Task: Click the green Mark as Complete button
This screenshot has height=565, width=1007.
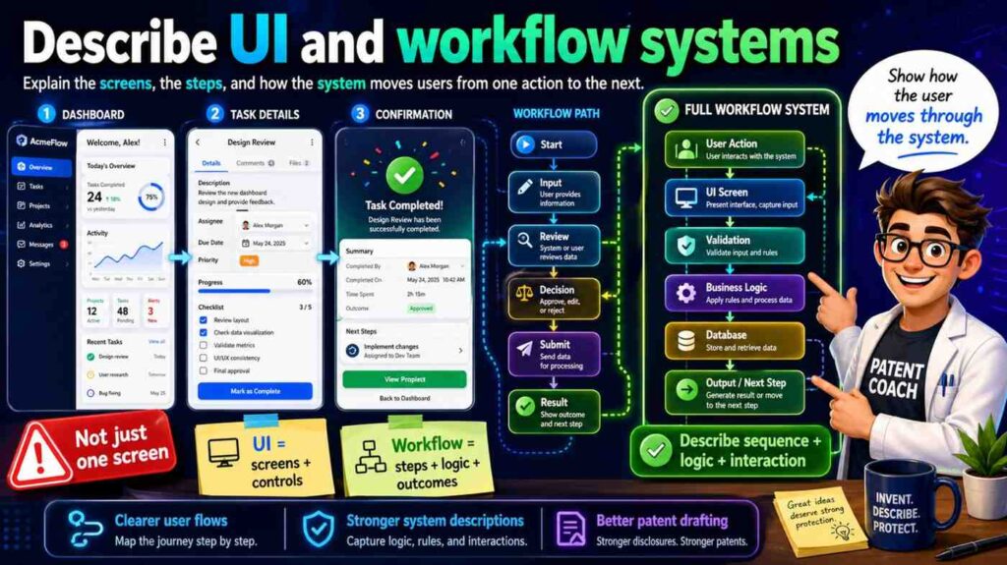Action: pos(255,391)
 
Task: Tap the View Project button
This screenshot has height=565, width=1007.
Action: pos(404,379)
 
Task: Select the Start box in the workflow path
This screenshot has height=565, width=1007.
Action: pos(553,145)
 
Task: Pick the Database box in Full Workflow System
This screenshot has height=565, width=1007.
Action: pos(734,341)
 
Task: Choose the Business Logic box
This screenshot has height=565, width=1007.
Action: pos(734,292)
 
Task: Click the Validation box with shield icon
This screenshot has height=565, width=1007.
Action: pos(734,246)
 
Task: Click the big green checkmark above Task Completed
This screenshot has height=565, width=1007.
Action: pos(403,176)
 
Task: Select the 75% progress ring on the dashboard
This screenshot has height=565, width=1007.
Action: pos(151,196)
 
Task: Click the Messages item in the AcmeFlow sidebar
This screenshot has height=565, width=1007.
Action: pos(40,244)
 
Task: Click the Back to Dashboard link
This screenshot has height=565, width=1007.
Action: pos(403,398)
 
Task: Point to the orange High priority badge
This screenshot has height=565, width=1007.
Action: pos(251,260)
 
